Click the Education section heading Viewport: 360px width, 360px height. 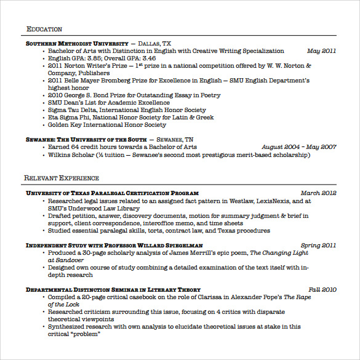[44, 29]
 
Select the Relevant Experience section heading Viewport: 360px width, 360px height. [62, 178]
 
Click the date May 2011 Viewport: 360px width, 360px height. [321, 51]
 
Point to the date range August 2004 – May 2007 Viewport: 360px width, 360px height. [298, 147]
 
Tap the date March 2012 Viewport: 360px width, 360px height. [318, 193]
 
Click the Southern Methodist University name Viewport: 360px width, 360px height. [76, 44]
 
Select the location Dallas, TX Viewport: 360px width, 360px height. [154, 44]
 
